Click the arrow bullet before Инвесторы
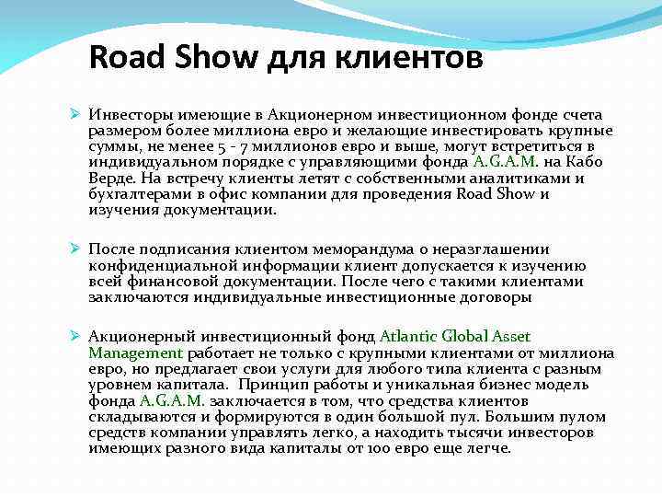click(x=76, y=114)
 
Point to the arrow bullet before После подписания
click(x=76, y=248)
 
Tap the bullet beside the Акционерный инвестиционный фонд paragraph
click(x=76, y=337)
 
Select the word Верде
click(x=110, y=178)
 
